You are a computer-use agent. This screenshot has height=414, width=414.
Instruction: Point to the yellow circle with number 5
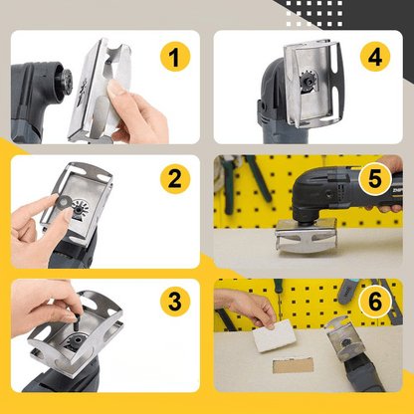click(x=375, y=180)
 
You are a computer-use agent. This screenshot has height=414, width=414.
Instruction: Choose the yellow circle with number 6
click(x=375, y=300)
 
